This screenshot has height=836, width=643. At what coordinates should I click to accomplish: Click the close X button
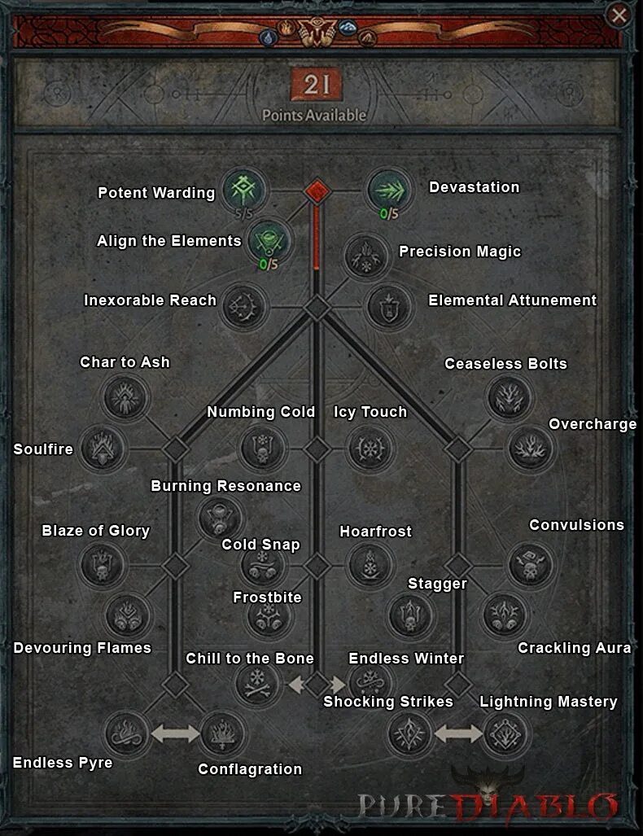(619, 15)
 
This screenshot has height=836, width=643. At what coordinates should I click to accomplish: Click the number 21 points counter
(314, 85)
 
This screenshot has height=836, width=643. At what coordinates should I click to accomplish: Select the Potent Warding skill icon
(243, 190)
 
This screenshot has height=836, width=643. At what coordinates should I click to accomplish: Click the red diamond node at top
(317, 191)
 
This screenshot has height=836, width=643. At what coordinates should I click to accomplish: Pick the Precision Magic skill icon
(365, 256)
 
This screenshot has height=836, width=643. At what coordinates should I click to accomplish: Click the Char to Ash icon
(125, 398)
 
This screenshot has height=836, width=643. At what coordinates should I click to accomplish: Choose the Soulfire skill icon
(102, 448)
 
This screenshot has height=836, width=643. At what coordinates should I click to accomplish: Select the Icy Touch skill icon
(370, 448)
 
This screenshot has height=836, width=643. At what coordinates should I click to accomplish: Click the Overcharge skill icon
(531, 448)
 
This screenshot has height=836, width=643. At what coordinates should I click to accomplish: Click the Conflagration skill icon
(221, 733)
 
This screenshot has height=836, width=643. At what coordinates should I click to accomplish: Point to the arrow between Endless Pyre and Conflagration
(175, 733)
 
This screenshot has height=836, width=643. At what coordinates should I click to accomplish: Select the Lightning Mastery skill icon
(505, 734)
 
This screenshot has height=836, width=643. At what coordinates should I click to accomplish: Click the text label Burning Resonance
(226, 486)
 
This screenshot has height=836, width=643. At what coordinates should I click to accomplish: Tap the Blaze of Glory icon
(102, 564)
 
